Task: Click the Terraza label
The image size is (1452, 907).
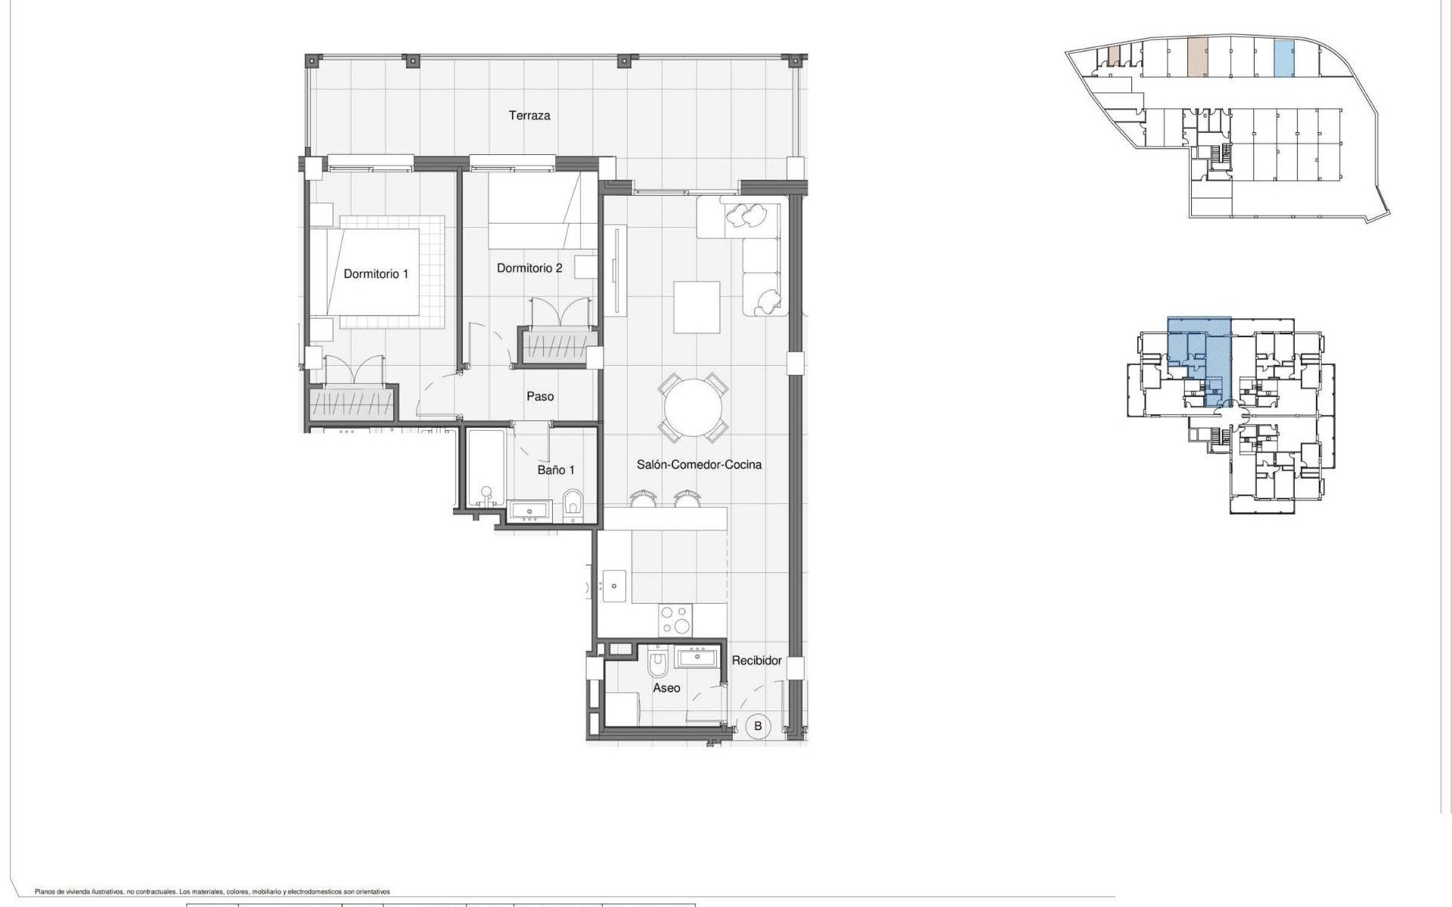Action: point(529,116)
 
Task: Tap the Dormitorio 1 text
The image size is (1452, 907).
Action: point(376,274)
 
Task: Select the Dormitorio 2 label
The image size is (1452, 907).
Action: point(529,268)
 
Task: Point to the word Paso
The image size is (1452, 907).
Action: point(540,396)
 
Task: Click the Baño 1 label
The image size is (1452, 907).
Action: point(556,470)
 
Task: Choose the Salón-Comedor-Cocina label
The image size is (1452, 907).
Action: point(699,465)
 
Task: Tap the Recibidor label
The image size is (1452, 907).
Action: point(756,661)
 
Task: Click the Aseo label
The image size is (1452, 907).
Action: point(666,688)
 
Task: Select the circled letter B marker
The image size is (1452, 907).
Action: point(758,726)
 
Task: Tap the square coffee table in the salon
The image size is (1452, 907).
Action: point(697,307)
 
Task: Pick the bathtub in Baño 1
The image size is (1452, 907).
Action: point(486,469)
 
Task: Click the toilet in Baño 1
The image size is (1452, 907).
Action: point(574,505)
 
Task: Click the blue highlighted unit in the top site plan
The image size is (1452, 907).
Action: point(1283,59)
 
